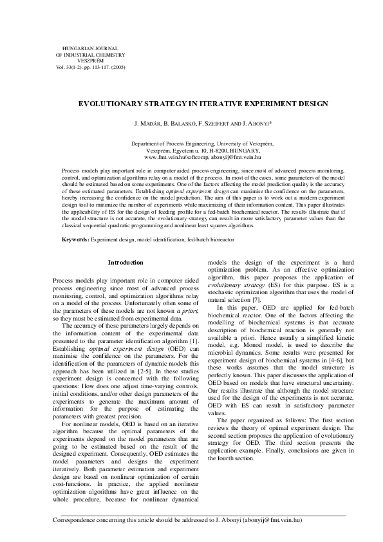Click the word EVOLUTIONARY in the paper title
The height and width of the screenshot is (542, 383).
tap(107, 103)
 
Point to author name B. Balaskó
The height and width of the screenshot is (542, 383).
tap(177, 122)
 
